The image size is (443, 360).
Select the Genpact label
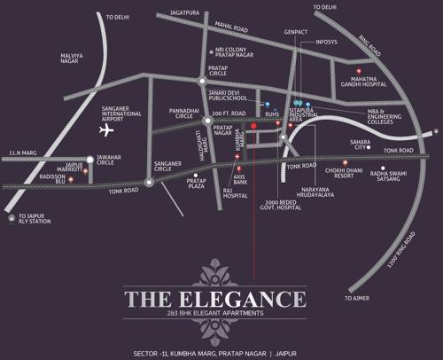coord(294,29)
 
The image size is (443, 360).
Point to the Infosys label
coord(326,42)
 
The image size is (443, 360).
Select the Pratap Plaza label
coord(197,183)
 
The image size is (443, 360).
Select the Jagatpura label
coord(177,13)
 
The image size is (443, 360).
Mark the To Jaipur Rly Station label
coord(35,220)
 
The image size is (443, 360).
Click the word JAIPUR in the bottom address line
coord(309,343)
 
